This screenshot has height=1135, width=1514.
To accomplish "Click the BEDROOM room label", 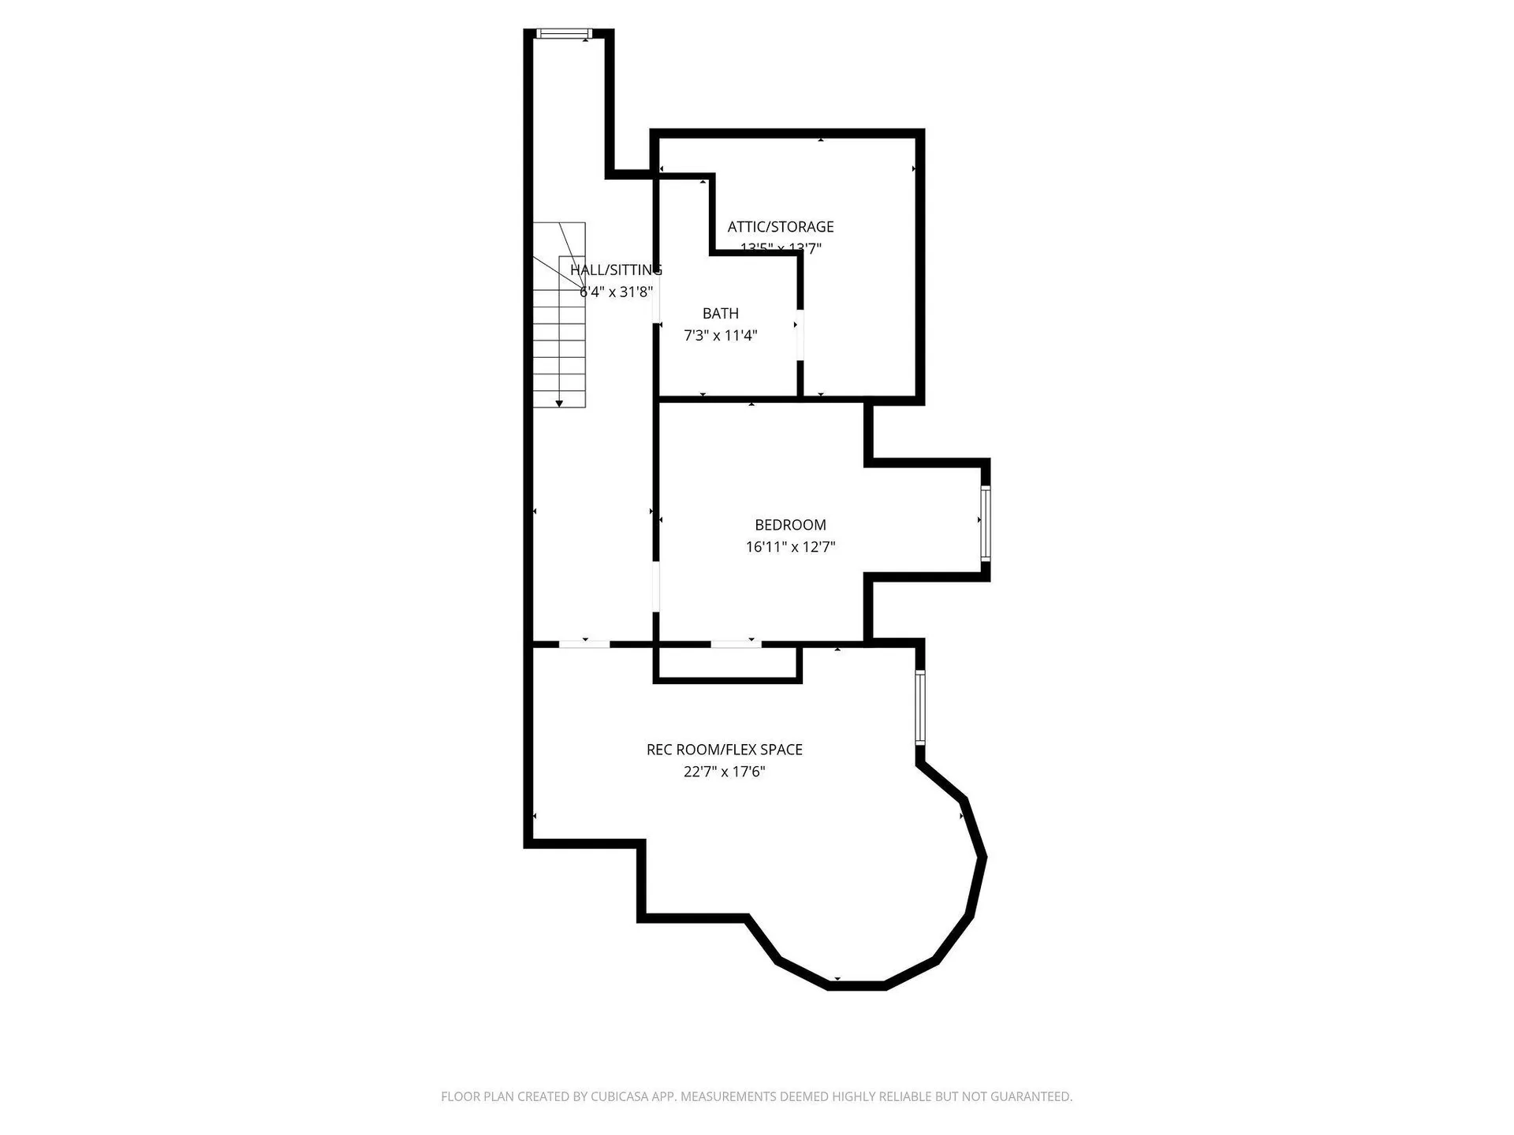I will click(790, 525).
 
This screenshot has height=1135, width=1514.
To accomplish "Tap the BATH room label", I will click(720, 314).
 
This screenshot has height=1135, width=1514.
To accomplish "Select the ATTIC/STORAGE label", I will click(780, 227).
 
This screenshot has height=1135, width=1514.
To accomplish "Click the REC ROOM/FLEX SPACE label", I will click(724, 750).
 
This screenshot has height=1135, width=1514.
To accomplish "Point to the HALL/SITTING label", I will click(616, 270).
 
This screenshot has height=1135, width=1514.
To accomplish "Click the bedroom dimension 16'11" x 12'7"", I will click(790, 547).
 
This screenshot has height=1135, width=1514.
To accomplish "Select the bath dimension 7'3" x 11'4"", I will click(720, 336).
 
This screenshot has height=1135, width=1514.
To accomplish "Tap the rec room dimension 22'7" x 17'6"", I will click(724, 772).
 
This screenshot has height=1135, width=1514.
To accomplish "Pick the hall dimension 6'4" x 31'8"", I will click(616, 292).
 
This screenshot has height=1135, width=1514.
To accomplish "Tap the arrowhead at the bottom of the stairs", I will click(559, 404).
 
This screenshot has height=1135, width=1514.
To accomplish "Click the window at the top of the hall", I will click(564, 33).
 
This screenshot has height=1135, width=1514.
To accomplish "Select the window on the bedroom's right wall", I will click(985, 523).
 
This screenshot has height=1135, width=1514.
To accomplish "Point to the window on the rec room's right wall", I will click(919, 707).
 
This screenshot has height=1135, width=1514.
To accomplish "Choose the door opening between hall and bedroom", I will click(655, 586).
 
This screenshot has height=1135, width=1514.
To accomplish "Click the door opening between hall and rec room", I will click(584, 644).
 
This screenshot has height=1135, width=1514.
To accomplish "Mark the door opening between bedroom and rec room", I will click(736, 644).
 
